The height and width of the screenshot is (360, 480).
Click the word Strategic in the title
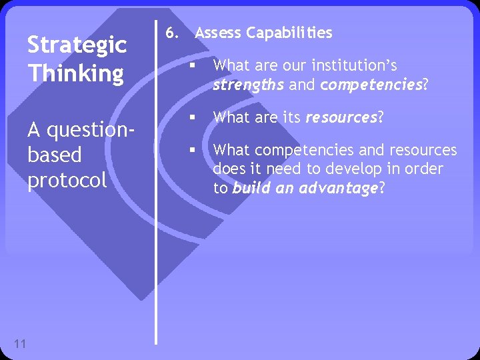tap(77, 45)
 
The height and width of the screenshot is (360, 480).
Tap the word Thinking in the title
tap(75, 73)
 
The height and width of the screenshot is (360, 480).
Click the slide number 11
tap(19, 343)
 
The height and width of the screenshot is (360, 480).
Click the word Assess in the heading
tap(218, 33)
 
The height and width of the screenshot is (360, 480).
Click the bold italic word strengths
tap(249, 85)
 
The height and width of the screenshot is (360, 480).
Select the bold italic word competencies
tap(371, 85)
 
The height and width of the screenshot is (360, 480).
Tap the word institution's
tap(355, 65)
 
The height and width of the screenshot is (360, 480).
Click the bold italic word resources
tap(341, 118)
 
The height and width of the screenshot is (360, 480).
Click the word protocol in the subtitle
tap(67, 180)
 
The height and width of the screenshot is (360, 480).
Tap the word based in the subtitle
tap(55, 155)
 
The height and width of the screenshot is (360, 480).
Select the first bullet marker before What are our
tap(191, 66)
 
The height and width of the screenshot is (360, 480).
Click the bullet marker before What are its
tap(191, 118)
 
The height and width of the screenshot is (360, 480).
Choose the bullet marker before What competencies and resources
tap(191, 150)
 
